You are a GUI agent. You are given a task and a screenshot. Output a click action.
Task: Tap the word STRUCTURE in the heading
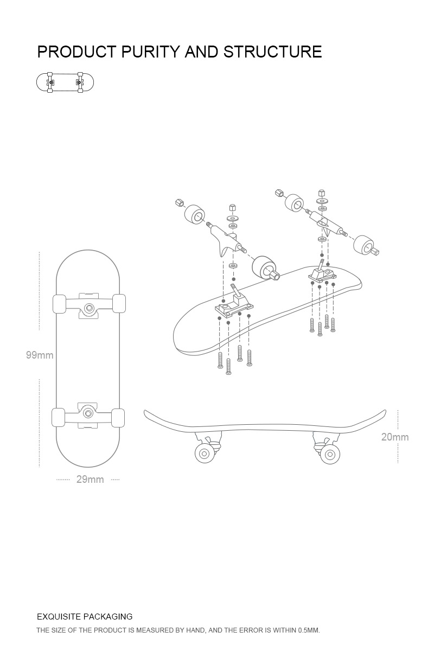(x=273, y=52)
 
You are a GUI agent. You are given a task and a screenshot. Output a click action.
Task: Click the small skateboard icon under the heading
(x=65, y=82)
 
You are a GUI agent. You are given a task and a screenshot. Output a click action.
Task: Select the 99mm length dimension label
(x=40, y=355)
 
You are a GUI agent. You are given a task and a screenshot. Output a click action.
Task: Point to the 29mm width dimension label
(x=90, y=480)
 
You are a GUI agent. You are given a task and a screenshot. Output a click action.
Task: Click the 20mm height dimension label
(x=394, y=437)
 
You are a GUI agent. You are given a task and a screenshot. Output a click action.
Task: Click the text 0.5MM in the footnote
(x=309, y=630)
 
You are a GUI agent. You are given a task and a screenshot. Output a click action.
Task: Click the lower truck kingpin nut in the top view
(x=88, y=414)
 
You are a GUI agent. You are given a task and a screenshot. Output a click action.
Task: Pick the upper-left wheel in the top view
(x=59, y=304)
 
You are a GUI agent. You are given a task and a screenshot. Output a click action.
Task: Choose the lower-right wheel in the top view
(x=118, y=417)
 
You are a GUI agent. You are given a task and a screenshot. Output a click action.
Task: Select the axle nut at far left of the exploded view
(x=178, y=203)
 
